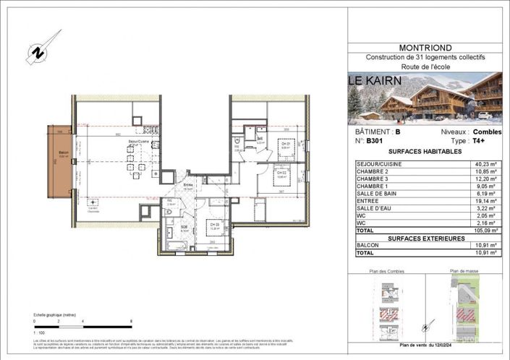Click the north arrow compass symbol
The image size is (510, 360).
(x=34, y=52)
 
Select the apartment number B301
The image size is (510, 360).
(x=374, y=142)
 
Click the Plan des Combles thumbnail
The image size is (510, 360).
(x=389, y=304)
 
